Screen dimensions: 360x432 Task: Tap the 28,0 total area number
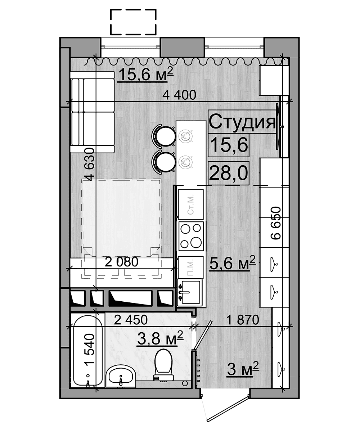[x=228, y=173]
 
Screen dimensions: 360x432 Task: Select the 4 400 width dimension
[x=179, y=95]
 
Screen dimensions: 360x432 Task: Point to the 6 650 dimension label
[x=276, y=223]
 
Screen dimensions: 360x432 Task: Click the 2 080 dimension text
[x=121, y=262]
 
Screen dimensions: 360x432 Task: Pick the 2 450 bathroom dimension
[x=131, y=320]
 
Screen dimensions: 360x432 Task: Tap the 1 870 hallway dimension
[x=243, y=320]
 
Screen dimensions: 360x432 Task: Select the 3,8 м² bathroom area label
[x=160, y=338]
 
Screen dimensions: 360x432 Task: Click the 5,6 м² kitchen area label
[x=233, y=263]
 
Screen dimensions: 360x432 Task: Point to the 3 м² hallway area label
[x=243, y=369]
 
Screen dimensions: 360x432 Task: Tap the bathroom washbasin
[x=121, y=376]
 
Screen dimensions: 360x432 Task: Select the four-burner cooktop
[x=191, y=236]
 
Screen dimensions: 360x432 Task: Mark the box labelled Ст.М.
[x=191, y=204]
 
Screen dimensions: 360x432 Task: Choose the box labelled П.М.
[x=190, y=267]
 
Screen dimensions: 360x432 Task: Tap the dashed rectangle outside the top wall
[x=133, y=22]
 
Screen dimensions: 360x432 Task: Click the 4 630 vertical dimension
[x=90, y=165]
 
